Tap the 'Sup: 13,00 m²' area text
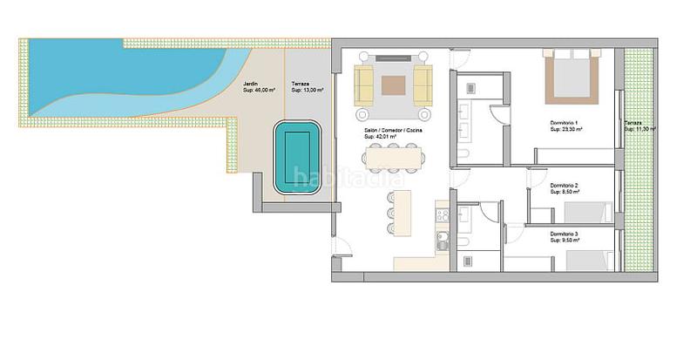pos(308,91)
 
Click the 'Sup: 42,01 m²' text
pos(381,137)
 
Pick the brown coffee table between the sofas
pos(393,85)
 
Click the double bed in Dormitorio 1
pos(575,74)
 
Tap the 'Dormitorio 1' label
pos(565,122)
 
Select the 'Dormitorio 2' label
pos(565,185)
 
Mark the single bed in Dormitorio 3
pos(588,259)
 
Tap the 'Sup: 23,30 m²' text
pos(566,128)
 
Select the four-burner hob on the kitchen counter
pos(443,213)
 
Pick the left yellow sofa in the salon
pos(364,85)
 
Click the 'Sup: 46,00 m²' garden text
pos(259,91)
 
